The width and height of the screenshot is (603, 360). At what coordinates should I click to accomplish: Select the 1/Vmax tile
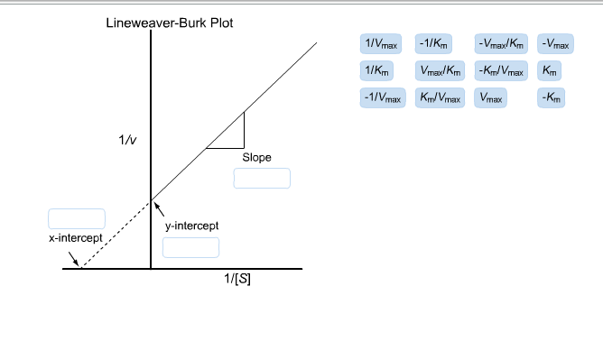point(381,43)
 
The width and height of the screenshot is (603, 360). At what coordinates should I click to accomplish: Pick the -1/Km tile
point(436,43)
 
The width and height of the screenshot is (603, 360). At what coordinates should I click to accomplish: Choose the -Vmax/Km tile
point(501,43)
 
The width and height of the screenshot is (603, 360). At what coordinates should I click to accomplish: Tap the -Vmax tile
point(554,43)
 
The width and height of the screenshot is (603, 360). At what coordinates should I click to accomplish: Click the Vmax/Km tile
point(441,70)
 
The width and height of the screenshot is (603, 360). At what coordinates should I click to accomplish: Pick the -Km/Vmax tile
point(501,70)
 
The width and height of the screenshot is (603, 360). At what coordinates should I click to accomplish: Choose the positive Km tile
point(550,70)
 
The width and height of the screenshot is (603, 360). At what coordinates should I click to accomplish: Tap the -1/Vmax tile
point(382,97)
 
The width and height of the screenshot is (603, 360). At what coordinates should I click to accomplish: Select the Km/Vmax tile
point(441,97)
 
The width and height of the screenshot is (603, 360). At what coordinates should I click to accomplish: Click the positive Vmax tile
point(491,97)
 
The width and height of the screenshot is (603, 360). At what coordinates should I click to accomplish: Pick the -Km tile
point(551,97)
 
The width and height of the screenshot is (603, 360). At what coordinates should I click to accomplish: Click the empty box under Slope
point(262,178)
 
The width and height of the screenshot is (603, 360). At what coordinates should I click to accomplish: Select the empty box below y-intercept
point(190,247)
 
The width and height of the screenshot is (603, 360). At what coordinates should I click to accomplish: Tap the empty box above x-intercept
point(77,218)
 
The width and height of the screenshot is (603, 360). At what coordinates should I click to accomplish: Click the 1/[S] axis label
point(237,279)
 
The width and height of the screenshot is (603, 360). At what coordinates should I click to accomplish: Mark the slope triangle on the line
point(232,136)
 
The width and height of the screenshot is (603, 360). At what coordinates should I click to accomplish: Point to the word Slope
point(256,157)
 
